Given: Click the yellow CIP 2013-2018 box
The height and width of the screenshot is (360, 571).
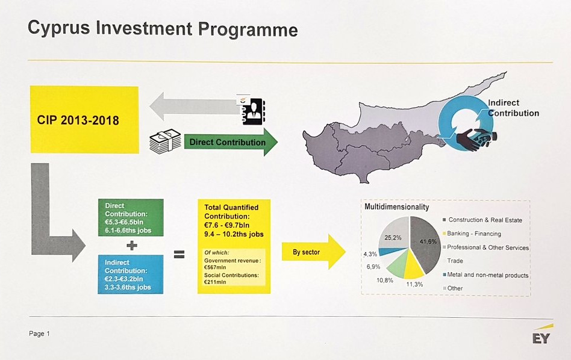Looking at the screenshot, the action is click(84, 119).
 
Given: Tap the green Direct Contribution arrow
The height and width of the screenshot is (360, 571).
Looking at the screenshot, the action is click(231, 142).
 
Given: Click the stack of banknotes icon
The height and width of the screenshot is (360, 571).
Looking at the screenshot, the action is click(165, 141).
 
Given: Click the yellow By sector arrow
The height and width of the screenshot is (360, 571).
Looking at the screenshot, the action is click(314, 252).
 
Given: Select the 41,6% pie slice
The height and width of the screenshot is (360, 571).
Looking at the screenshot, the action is click(425, 244).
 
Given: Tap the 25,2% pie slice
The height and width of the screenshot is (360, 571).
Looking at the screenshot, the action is click(394, 232).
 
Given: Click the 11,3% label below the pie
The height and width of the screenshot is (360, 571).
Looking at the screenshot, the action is click(414, 284).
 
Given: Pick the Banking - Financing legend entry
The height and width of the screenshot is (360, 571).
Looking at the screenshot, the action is click(472, 234).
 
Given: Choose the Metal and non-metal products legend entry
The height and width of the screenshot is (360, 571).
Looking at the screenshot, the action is click(485, 275).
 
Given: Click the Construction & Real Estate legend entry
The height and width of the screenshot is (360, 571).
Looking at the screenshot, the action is click(482, 220).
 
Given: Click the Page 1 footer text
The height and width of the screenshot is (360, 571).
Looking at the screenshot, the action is click(39, 334).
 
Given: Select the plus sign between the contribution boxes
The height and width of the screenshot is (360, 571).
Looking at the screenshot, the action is click(132, 246).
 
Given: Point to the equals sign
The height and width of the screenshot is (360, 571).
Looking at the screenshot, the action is click(179, 254).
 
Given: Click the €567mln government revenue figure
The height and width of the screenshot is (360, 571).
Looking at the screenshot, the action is click(215, 267).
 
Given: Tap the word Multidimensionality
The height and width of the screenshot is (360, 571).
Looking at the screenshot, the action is click(396, 206).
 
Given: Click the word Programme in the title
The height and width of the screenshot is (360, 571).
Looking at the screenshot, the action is click(248, 29).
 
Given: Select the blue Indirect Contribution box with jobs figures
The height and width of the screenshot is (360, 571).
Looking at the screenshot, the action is click(131, 275).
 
